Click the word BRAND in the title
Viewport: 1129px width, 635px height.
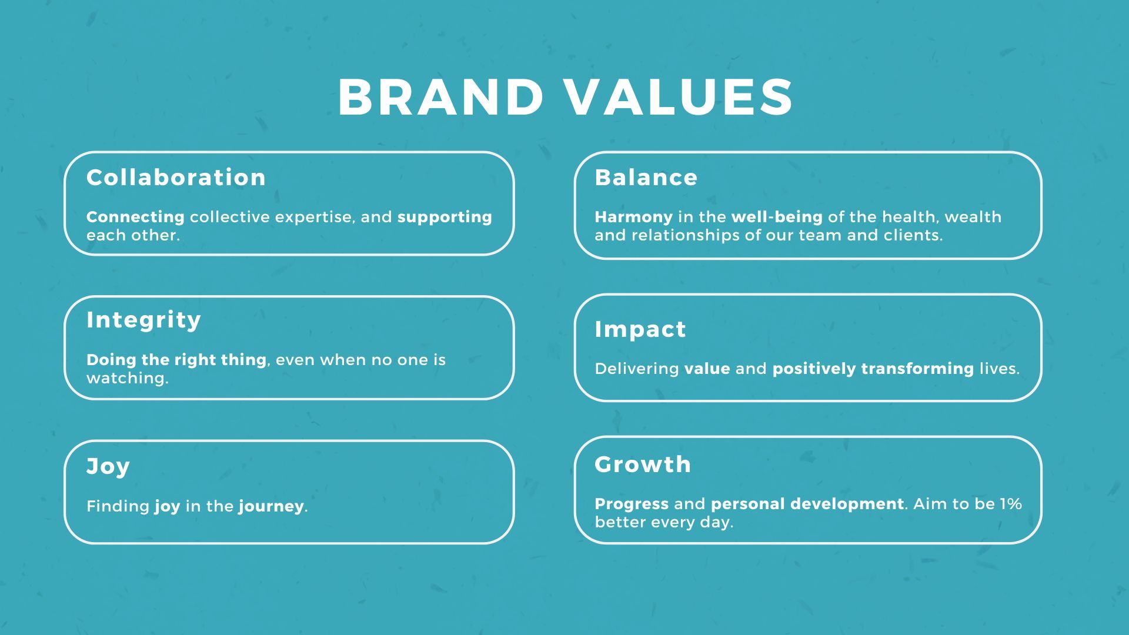click(440, 97)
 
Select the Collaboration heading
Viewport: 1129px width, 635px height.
click(176, 178)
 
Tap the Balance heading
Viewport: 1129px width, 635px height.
click(646, 178)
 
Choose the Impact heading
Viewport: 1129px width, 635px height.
click(640, 330)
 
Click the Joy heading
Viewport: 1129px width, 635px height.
click(108, 467)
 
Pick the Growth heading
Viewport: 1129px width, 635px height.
click(643, 464)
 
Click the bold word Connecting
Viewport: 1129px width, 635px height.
click(135, 218)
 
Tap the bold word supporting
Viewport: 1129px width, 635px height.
click(445, 218)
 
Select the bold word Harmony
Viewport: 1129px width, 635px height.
click(634, 218)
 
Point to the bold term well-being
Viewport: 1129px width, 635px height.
click(777, 218)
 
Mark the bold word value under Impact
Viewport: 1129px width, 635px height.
click(707, 369)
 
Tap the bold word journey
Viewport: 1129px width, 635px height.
click(272, 507)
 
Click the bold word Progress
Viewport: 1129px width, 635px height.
click(632, 504)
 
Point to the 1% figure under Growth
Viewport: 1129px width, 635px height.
click(1011, 504)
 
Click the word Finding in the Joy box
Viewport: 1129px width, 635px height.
click(118, 507)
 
